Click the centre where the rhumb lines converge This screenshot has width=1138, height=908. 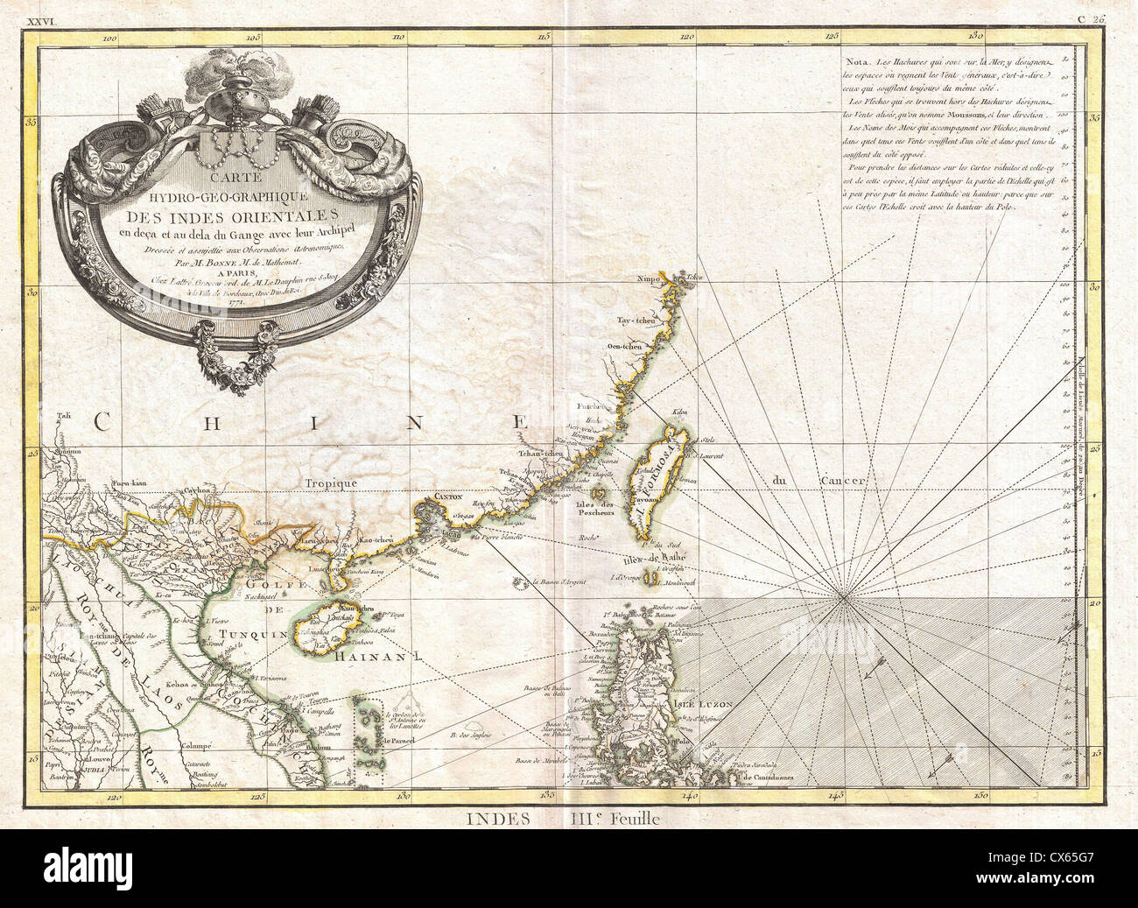(x=842, y=598)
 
